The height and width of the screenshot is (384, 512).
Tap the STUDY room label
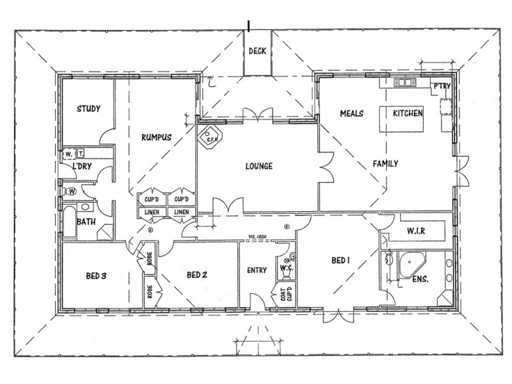(88, 108)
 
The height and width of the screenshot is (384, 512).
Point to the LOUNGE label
(259, 166)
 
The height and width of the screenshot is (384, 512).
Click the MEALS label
(352, 113)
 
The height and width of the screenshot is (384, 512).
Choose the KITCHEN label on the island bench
(408, 113)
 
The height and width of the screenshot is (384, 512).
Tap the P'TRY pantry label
(442, 86)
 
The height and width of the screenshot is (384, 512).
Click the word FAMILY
(386, 164)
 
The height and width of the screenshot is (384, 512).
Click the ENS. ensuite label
(420, 280)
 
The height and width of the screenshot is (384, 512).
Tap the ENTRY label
(257, 270)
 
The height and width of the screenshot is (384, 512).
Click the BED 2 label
(197, 275)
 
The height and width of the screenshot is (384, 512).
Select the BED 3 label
(95, 276)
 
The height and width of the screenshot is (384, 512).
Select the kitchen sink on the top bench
(404, 82)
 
